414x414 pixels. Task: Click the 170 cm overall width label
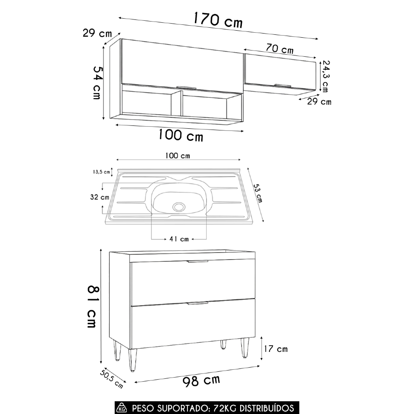click(218, 20)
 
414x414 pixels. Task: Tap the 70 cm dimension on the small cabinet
click(279, 49)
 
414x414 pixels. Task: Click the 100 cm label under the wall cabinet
click(181, 135)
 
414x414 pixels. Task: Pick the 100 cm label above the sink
click(177, 156)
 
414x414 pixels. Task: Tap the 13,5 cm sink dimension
click(101, 172)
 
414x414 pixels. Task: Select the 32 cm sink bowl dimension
click(100, 197)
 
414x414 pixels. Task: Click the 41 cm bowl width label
click(179, 239)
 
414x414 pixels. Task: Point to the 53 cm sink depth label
click(258, 193)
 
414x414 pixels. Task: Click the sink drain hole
click(179, 206)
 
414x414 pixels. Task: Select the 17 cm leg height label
click(277, 349)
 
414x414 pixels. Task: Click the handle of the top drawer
click(198, 261)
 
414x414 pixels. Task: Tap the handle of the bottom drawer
click(198, 303)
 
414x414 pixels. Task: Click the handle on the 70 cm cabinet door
click(283, 85)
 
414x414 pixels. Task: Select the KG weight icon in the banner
click(122, 408)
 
